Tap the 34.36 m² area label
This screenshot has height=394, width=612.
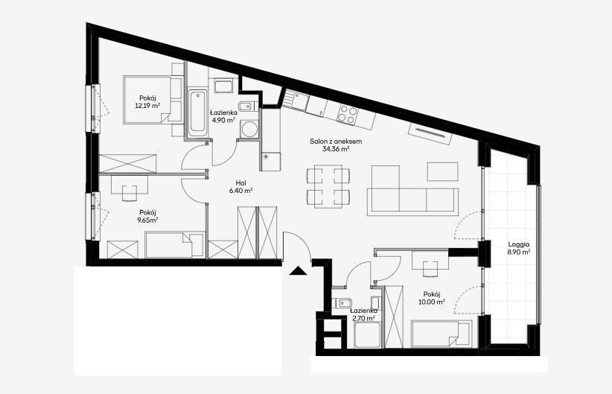pyautogui.click(x=336, y=149)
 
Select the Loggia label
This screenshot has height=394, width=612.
pyautogui.click(x=519, y=244)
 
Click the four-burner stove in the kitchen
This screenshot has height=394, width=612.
pyautogui.click(x=348, y=114)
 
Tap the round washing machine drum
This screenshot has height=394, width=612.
pyautogui.click(x=248, y=128)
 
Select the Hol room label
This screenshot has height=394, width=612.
pyautogui.click(x=240, y=182)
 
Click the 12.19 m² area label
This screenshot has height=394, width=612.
pyautogui.click(x=148, y=106)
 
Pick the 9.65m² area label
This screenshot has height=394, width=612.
pyautogui.click(x=148, y=220)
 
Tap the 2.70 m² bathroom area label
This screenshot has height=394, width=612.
pyautogui.click(x=364, y=318)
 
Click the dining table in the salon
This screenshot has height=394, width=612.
pyautogui.click(x=328, y=187)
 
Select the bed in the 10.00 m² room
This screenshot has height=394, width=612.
pyautogui.click(x=442, y=334)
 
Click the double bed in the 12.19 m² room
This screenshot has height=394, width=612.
pyautogui.click(x=147, y=100)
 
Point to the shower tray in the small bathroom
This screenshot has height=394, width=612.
pyautogui.click(x=369, y=335)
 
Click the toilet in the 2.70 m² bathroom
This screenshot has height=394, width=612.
pyautogui.click(x=342, y=303)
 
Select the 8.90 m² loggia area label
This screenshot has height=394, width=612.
pyautogui.click(x=519, y=252)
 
